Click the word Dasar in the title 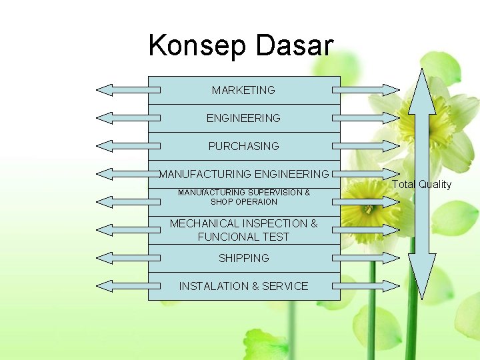(x=294, y=46)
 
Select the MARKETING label (x=243, y=90)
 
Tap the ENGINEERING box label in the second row (x=243, y=118)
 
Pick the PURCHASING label (x=243, y=146)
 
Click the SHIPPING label (x=243, y=258)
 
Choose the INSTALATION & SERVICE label (x=243, y=286)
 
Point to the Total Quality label (x=421, y=185)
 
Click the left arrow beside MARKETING (x=123, y=90)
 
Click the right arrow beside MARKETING (x=366, y=90)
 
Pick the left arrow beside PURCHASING (x=123, y=146)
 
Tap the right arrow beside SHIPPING (x=366, y=258)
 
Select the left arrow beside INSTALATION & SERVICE (x=123, y=286)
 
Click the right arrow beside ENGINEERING (x=366, y=118)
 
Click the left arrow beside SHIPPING (x=123, y=258)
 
